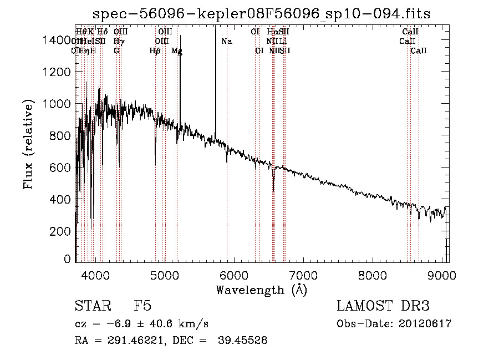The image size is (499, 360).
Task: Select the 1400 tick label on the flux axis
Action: (x=57, y=40)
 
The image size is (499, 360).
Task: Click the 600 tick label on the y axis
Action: (x=62, y=168)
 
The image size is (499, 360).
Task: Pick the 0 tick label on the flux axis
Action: (x=68, y=259)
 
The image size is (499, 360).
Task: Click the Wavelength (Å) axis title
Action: (x=261, y=289)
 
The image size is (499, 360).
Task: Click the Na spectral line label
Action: (x=227, y=42)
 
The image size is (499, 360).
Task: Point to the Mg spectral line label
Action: (x=177, y=51)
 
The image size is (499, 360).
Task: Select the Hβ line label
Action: (x=155, y=51)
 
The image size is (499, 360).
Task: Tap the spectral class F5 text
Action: (x=143, y=306)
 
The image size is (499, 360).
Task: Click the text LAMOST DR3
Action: (x=383, y=306)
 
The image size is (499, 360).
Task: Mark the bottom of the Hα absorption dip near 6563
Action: (x=273, y=190)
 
